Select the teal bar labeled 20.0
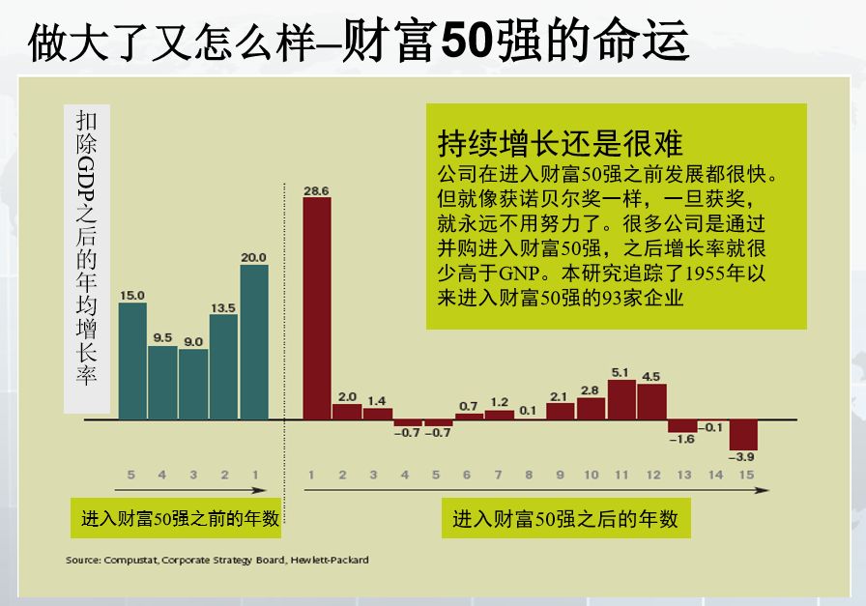(x=254, y=342)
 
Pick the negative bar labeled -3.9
(x=743, y=431)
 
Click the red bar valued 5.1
(x=621, y=399)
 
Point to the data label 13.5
(x=223, y=307)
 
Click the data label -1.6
(x=682, y=440)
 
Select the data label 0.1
(x=527, y=410)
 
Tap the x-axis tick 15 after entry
(x=743, y=475)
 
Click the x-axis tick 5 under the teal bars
(x=131, y=475)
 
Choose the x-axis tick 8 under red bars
(x=528, y=475)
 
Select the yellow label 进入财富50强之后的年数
(x=565, y=519)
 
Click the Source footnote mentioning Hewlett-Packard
(x=216, y=561)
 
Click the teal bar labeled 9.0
(x=193, y=384)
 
